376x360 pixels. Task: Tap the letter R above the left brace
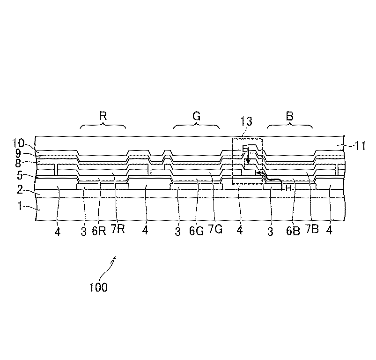point(103,117)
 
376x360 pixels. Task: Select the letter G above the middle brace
point(197,117)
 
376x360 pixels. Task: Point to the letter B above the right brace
point(290,117)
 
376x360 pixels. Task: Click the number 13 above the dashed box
point(246,122)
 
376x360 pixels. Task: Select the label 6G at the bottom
point(196,231)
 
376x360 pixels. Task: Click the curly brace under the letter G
point(197,126)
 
